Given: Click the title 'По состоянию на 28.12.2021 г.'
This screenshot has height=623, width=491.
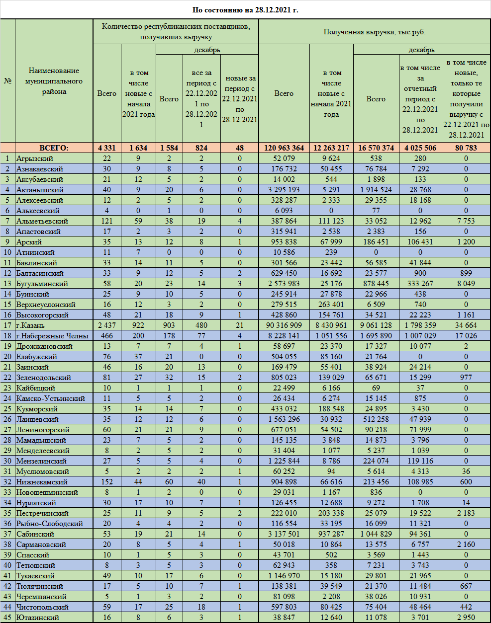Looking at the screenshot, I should click(245, 10).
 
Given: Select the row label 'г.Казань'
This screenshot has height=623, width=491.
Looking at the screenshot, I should click(30, 325).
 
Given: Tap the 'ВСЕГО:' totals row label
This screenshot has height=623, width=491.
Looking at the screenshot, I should click(54, 148).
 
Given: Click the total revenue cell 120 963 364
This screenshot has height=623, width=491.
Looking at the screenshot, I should click(284, 148).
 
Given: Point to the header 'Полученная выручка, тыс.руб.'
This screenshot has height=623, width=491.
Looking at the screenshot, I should click(374, 32).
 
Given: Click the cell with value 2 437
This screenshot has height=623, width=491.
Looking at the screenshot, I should click(107, 325).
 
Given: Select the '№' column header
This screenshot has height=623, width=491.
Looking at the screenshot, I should click(8, 81).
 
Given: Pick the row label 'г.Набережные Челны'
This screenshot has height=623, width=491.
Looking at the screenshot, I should click(52, 336).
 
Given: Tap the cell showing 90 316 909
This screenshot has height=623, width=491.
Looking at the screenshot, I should click(284, 325).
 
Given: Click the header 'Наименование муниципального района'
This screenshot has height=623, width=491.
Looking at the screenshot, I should click(54, 81).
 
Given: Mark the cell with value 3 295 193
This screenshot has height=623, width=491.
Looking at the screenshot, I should click(284, 190).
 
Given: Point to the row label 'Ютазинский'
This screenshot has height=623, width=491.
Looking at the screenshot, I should click(38, 618).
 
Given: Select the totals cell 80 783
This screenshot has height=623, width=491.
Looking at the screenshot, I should click(466, 148).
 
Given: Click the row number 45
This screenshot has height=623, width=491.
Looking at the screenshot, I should click(8, 618).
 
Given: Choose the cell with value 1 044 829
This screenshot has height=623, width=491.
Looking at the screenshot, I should click(376, 534).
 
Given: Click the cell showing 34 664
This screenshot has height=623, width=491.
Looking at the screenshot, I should click(466, 325).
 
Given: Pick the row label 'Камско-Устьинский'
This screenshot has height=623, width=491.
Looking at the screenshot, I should click(51, 398).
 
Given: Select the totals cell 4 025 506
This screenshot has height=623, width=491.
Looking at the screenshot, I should click(420, 148).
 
